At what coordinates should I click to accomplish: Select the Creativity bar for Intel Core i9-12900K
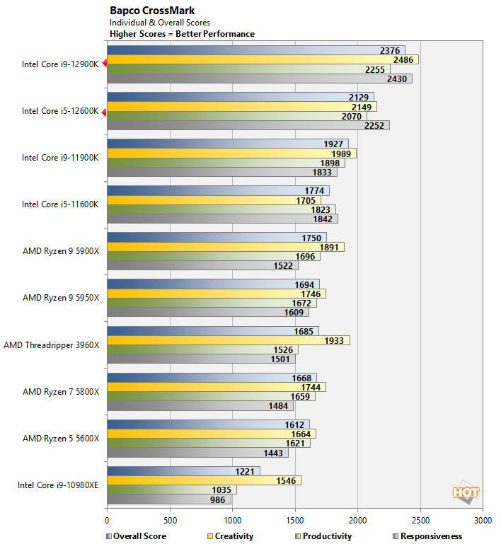point(262,59)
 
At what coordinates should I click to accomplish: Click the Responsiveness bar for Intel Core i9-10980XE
point(168,499)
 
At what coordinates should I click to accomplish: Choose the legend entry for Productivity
point(323,536)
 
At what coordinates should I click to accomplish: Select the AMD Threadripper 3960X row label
point(52,345)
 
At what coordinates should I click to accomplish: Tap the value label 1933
point(333,340)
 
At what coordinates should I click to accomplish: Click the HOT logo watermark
point(466,492)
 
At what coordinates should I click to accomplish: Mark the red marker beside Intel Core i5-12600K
point(104,111)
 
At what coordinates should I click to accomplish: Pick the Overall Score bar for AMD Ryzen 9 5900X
point(217,237)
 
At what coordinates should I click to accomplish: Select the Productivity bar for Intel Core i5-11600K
point(221,209)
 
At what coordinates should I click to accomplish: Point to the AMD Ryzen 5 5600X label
point(61,438)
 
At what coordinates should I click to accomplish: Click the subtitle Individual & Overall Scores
point(160,23)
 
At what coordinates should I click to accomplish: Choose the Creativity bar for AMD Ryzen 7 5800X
point(216,387)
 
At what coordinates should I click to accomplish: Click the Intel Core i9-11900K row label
point(60,158)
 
